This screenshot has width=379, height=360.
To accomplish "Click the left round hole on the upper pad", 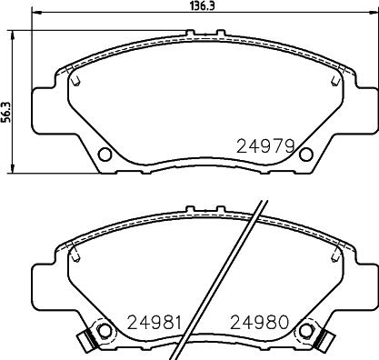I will (x=105, y=155).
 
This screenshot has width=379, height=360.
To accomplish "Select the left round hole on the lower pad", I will (x=105, y=331).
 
